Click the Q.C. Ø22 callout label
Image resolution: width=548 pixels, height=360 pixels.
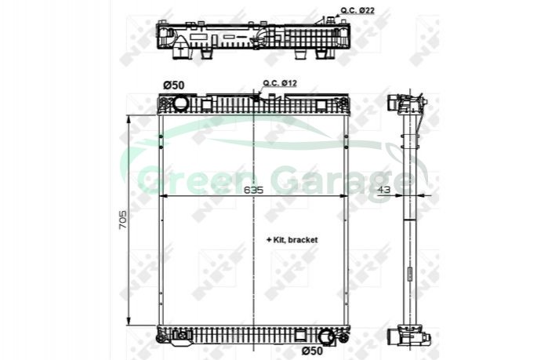[357, 10]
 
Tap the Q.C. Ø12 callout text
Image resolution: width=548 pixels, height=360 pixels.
[280, 83]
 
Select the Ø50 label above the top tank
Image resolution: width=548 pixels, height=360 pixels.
[174, 85]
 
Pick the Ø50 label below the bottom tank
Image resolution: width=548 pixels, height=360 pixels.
[313, 350]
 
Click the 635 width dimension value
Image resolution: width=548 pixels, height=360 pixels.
[253, 190]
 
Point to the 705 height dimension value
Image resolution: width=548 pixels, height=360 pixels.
[122, 220]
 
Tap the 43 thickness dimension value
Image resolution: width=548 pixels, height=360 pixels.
[384, 189]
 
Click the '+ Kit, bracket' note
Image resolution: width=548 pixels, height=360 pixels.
[292, 240]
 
